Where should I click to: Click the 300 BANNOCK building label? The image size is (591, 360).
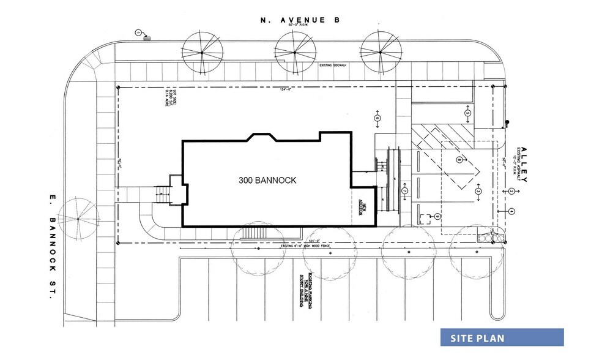[267, 181]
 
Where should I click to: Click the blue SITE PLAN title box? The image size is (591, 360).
[502, 338]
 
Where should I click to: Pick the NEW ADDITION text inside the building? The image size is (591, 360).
[362, 208]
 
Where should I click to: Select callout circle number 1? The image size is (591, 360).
[139, 32]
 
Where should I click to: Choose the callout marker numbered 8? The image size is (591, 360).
[459, 160]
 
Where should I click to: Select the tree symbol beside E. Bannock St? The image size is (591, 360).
[78, 218]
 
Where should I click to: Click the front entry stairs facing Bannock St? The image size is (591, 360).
[163, 195]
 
